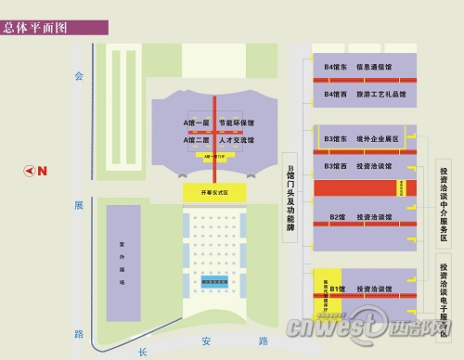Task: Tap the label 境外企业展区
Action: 376,139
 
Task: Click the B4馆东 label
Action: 337,68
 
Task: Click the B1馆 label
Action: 337,289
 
